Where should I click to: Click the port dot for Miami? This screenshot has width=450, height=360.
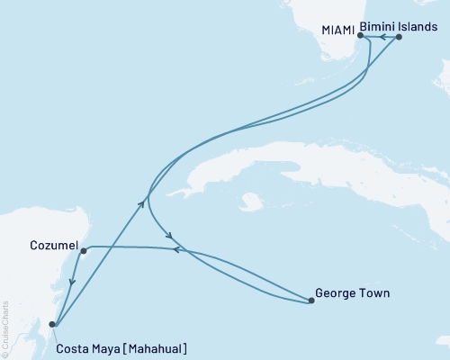click(360, 37)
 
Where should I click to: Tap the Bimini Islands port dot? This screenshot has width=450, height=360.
click(399, 37)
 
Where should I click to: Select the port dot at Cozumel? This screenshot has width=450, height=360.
click(83, 251)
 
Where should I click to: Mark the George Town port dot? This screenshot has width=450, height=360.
click(310, 301)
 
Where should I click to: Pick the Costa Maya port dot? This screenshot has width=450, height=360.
click(52, 324)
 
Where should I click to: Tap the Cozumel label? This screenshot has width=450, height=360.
click(51, 243)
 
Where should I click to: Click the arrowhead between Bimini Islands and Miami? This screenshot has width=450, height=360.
click(381, 37)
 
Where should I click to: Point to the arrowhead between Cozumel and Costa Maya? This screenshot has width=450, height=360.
click(71, 287)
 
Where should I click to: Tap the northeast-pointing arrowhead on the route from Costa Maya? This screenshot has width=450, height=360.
click(144, 202)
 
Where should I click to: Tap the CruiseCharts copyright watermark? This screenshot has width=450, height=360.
click(4, 328)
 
